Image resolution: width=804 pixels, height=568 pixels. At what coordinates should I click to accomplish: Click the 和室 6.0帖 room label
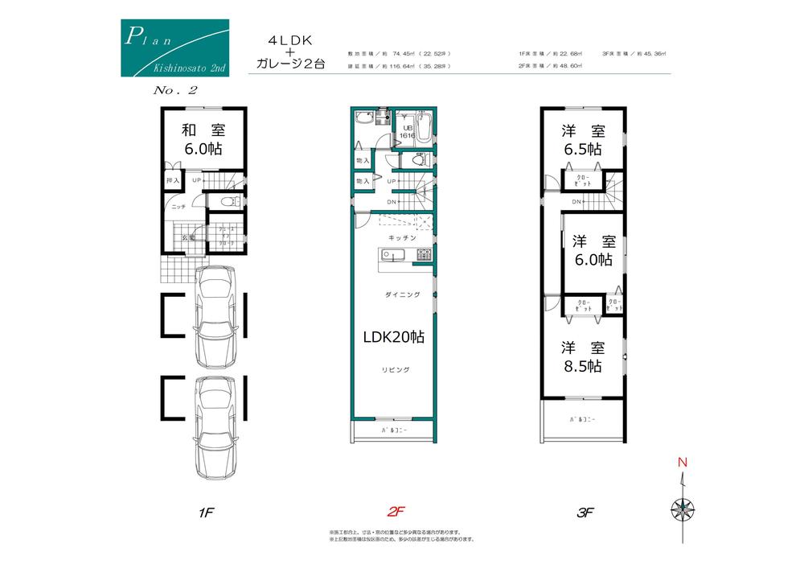pyautogui.click(x=202, y=139)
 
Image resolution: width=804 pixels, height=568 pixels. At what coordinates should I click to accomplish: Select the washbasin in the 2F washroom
pyautogui.click(x=360, y=120)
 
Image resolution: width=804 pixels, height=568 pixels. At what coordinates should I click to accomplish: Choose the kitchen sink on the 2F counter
pyautogui.click(x=390, y=257)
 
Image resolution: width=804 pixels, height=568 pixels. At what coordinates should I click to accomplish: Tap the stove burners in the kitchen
pyautogui.click(x=423, y=257)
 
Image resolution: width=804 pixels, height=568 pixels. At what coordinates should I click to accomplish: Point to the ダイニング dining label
pyautogui.click(x=404, y=295)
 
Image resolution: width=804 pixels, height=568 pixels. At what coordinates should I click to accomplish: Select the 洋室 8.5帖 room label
pyautogui.click(x=583, y=356)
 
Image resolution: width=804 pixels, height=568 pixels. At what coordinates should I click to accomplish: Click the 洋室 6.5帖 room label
pyautogui.click(x=583, y=139)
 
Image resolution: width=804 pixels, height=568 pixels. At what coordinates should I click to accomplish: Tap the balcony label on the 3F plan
pyautogui.click(x=583, y=420)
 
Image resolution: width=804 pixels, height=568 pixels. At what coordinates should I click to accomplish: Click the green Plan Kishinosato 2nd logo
pyautogui.click(x=174, y=48)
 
